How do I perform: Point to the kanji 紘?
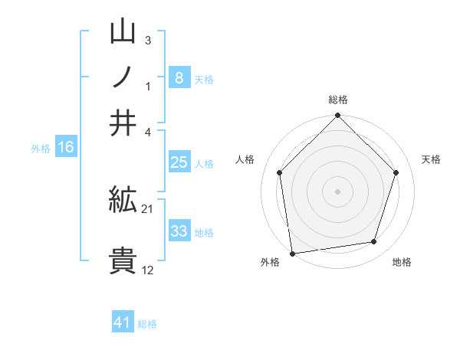coord(123,201)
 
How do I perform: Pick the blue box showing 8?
coord(179,78)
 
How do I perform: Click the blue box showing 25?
coord(179,162)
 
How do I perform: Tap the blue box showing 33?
coord(179,231)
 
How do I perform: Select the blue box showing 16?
coord(65,148)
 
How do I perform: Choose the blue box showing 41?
coord(123,322)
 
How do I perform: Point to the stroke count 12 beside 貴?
coord(148,270)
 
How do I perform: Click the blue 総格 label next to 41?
coord(147,324)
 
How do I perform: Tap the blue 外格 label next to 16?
coord(41,149)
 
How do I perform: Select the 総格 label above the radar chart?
coord(338,100)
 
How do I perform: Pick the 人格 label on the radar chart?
coord(245,159)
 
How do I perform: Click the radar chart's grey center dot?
coord(338,191)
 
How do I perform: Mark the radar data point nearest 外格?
coord(292,252)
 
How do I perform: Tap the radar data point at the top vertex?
coord(338,117)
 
